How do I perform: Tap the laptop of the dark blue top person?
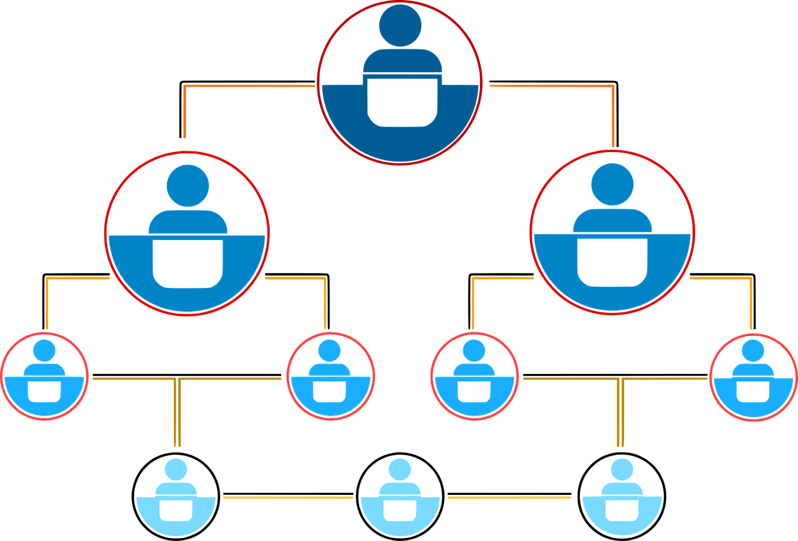pos(402,102)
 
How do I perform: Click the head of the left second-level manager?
pos(188,186)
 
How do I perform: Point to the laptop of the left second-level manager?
pos(188,262)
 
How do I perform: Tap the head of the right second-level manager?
pos(612,184)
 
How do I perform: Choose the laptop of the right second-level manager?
pos(612,261)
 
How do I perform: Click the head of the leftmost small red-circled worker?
pos(44,351)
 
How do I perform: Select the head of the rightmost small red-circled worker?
pos(752,351)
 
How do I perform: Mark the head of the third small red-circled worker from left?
pos(474,351)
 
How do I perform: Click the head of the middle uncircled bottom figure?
pos(400,469)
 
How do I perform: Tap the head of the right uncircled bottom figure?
pos(622,469)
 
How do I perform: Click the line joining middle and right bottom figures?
pos(511,497)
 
